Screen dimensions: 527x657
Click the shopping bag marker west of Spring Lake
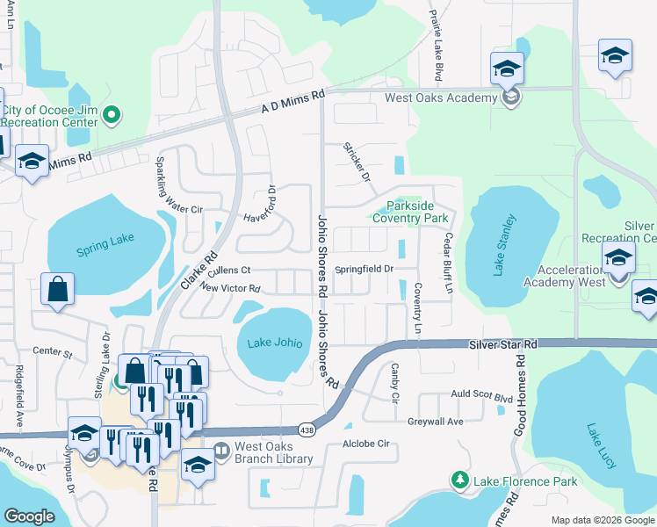point(57,289)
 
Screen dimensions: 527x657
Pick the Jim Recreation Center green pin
point(111,114)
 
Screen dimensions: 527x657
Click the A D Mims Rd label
point(293,101)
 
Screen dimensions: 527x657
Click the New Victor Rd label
point(230,288)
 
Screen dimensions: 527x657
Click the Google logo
point(29,516)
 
